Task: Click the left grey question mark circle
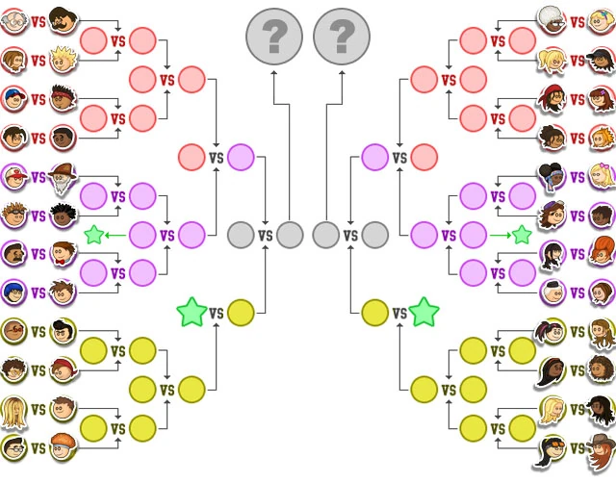click(274, 36)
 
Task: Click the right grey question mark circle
click(341, 36)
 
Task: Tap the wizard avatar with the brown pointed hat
click(64, 177)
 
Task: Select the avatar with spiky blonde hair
click(64, 60)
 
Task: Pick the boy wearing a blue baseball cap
click(13, 99)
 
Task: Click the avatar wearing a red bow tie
click(64, 254)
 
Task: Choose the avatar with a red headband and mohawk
click(64, 99)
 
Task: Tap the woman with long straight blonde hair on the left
click(13, 409)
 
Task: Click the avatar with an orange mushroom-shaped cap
click(64, 447)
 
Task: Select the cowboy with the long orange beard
click(602, 448)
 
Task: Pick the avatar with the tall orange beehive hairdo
click(602, 252)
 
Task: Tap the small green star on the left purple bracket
click(93, 234)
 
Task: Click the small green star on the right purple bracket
click(522, 234)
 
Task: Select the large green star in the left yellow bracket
click(192, 312)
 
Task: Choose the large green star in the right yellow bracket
click(423, 312)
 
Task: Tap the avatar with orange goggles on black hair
click(552, 447)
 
